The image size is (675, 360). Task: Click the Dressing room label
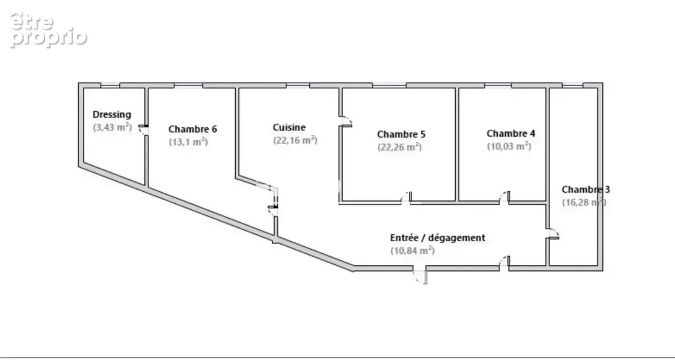pyautogui.click(x=112, y=115)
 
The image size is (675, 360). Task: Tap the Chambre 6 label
pyautogui.click(x=192, y=129)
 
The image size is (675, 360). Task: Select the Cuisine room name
pyautogui.click(x=289, y=128)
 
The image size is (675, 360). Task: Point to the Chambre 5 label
pyautogui.click(x=401, y=134)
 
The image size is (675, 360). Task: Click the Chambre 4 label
pyautogui.click(x=511, y=133)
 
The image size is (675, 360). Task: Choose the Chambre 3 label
pyautogui.click(x=586, y=190)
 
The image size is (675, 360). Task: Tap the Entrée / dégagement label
pyautogui.click(x=438, y=238)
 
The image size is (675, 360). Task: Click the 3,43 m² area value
pyautogui.click(x=112, y=128)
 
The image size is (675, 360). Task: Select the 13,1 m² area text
pyautogui.click(x=188, y=142)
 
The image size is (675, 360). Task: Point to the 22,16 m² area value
pyautogui.click(x=295, y=141)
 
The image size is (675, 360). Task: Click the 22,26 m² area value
pyautogui.click(x=399, y=147)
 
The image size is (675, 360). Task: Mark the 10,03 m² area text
pyautogui.click(x=509, y=146)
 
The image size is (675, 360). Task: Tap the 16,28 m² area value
pyautogui.click(x=584, y=202)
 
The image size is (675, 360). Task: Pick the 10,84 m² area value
pyautogui.click(x=413, y=251)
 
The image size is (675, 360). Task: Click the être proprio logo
pyautogui.click(x=48, y=30)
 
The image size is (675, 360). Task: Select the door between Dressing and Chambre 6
pyautogui.click(x=143, y=130)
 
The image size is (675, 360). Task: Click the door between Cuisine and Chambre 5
pyautogui.click(x=346, y=121)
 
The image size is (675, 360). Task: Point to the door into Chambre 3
pyautogui.click(x=553, y=234)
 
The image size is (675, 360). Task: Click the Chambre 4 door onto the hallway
pyautogui.click(x=505, y=197)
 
